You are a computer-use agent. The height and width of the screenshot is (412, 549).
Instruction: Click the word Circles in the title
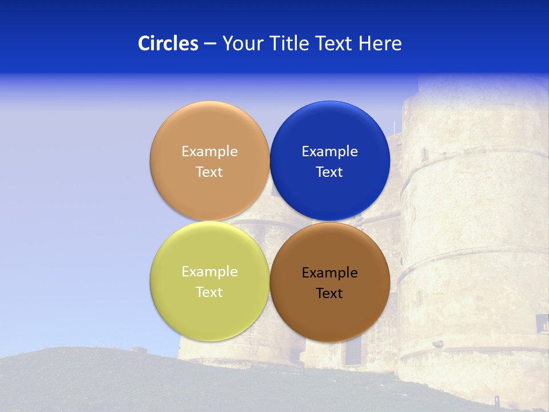tap(168, 43)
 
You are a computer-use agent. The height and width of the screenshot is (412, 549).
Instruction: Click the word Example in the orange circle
tap(209, 152)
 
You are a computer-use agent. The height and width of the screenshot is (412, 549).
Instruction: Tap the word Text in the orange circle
tap(209, 172)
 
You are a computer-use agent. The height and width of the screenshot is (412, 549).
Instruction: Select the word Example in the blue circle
tap(330, 152)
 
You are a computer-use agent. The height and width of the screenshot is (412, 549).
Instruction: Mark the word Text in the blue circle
tap(330, 172)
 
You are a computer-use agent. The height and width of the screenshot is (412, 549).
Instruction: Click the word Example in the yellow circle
tap(209, 272)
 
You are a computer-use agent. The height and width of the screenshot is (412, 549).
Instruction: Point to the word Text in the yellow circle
tap(209, 292)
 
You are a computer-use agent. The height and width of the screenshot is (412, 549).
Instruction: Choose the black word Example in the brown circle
tap(330, 273)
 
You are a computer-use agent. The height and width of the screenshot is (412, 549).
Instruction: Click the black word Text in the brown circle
tap(330, 294)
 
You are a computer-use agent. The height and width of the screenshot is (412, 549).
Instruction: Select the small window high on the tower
tap(424, 154)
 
